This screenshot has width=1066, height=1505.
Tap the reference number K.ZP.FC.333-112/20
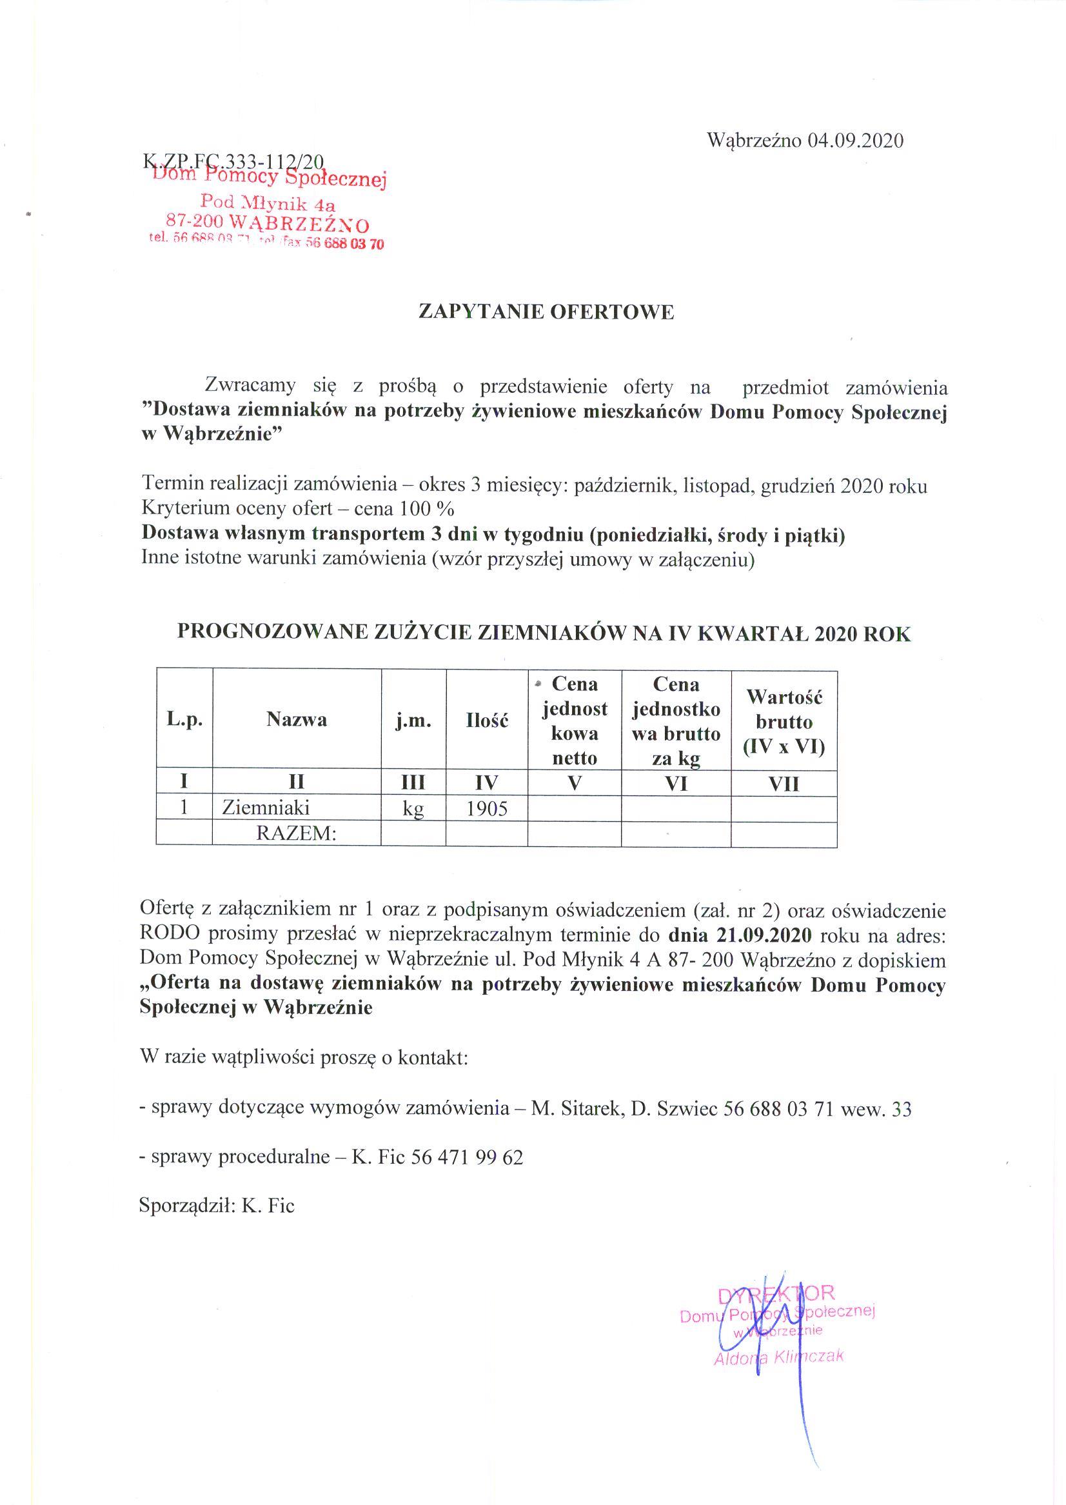coord(233,161)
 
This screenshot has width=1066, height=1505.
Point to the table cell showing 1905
coord(486,808)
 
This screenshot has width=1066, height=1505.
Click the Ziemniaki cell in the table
coord(266,808)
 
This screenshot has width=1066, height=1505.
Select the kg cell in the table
coord(413,808)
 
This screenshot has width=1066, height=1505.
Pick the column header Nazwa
coord(296,720)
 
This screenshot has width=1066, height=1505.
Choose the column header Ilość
coord(486,720)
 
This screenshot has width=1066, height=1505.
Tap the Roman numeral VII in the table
coord(783,783)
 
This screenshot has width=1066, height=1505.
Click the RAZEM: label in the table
coord(296,834)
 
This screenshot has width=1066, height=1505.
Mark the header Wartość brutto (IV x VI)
coord(783,721)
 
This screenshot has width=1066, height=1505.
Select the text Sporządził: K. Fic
coord(217,1206)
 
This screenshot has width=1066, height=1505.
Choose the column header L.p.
coord(184,720)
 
